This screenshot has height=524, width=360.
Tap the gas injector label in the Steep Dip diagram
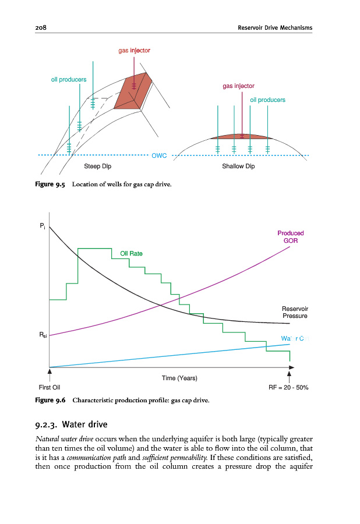click(135, 51)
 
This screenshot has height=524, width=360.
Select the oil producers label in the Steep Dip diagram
click(69, 79)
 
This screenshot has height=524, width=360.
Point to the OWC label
click(160, 155)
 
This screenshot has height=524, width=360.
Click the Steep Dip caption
click(97, 167)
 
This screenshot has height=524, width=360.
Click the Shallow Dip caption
click(238, 167)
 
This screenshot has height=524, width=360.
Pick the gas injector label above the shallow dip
click(238, 86)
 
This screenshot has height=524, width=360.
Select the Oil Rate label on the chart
click(131, 253)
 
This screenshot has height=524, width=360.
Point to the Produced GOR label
click(291, 236)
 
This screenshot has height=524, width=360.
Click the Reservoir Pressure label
click(295, 312)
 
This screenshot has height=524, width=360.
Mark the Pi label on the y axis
click(42, 225)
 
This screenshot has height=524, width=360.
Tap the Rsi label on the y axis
click(44, 335)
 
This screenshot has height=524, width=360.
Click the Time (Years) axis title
click(179, 378)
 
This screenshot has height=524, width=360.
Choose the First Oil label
click(49, 387)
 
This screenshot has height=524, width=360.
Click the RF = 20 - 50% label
click(288, 387)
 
